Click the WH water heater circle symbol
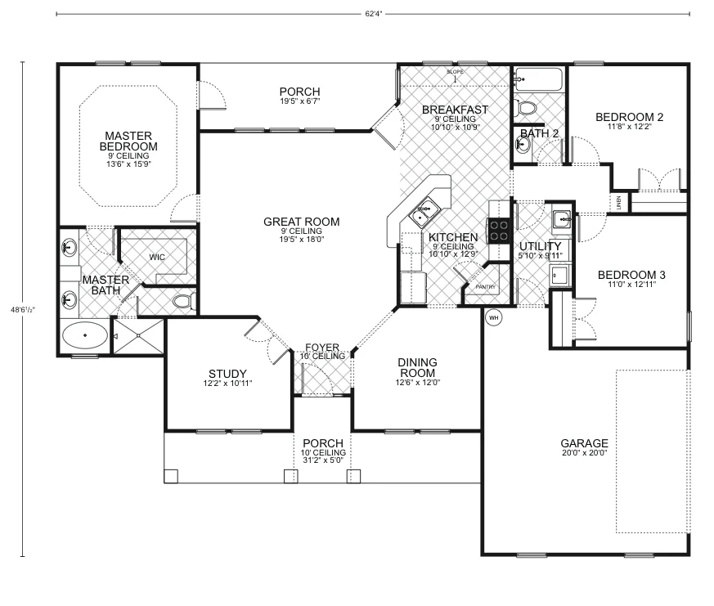493,317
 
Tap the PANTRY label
486,287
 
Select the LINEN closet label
619,203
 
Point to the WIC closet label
157,257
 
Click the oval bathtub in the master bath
84,335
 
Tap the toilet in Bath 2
527,107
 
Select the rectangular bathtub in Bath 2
539,81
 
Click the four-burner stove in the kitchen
498,230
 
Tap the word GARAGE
584,443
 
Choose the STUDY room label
227,374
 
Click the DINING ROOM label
417,367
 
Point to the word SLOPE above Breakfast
456,72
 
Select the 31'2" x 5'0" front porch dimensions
323,461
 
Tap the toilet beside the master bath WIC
182,302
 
